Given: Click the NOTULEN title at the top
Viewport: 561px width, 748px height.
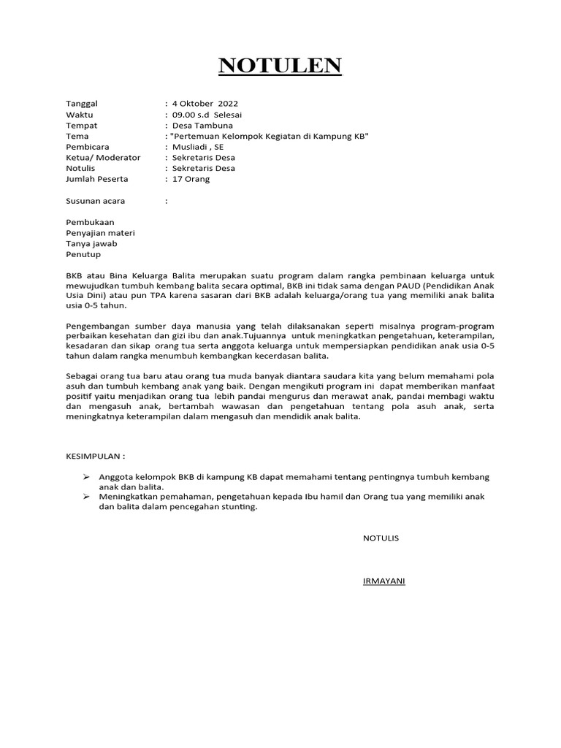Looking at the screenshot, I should [280, 66].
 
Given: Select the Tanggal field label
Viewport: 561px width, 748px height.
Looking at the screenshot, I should [81, 104].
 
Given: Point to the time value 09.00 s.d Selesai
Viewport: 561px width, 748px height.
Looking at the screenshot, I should [207, 115].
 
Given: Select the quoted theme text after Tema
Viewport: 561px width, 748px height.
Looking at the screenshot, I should [269, 136].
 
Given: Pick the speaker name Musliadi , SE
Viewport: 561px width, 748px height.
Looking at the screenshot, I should [198, 147].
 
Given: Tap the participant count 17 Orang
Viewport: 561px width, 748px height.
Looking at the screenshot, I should [190, 179].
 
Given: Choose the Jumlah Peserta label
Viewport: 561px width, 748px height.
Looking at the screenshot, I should [96, 179].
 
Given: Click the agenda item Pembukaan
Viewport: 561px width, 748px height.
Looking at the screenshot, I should [90, 222].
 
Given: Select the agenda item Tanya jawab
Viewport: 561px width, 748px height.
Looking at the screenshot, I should [91, 243].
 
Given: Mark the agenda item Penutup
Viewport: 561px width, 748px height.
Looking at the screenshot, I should [83, 254].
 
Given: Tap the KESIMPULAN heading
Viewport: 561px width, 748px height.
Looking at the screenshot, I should [95, 456].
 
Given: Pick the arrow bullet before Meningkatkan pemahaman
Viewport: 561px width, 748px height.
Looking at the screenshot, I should [86, 497].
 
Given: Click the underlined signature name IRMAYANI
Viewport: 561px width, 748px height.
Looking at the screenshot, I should [383, 581].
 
